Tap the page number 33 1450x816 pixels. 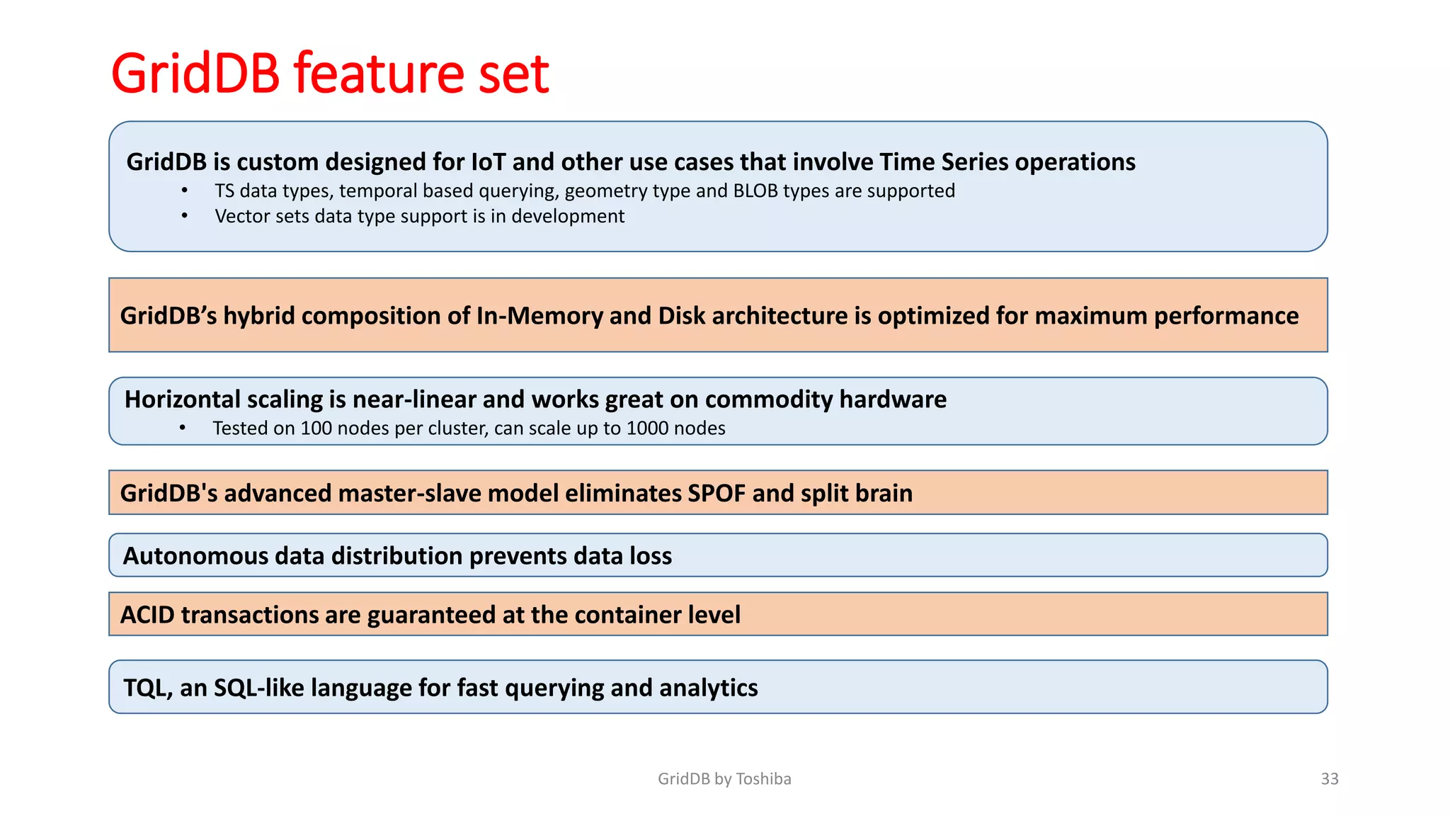(1329, 779)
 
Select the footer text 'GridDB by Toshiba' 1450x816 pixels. (724, 779)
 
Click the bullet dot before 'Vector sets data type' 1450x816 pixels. (184, 216)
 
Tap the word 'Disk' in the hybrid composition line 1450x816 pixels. (681, 316)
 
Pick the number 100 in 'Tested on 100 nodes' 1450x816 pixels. (316, 429)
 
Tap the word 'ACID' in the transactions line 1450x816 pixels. (147, 615)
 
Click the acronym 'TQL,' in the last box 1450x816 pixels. (147, 688)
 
